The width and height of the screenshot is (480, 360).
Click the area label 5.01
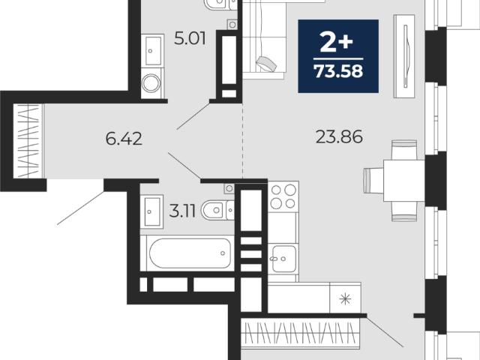pos(190,39)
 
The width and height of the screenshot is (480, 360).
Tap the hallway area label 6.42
pos(124,139)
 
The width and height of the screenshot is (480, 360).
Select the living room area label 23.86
pos(339,136)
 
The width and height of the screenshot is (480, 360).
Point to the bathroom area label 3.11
pos(182,211)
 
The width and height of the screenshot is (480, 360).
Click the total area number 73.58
pos(338,71)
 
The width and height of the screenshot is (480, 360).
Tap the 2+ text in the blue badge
pos(337,42)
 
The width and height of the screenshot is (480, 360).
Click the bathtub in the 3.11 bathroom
pos(190,253)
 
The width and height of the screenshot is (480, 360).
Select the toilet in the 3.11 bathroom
pos(217,210)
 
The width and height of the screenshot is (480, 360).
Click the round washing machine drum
pos(151,82)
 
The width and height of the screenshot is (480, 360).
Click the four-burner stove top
pos(283,196)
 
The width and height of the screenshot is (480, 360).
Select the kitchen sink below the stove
pos(283,259)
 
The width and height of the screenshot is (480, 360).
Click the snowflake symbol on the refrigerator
pos(345,298)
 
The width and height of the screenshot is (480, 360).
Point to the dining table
pos(404,181)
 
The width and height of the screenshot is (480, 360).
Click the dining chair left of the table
pos(373,180)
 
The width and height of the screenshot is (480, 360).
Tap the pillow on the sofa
pos(267,64)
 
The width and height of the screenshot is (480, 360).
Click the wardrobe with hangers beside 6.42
pos(28,141)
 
